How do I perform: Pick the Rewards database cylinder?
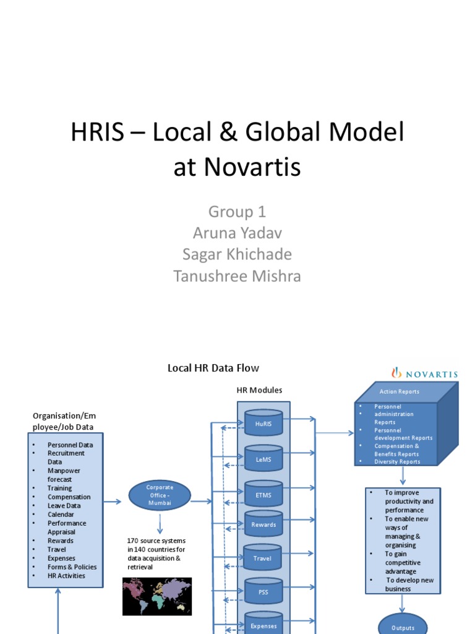pyautogui.click(x=263, y=524)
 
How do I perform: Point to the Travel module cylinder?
pyautogui.click(x=263, y=558)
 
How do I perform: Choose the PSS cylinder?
pyautogui.click(x=263, y=591)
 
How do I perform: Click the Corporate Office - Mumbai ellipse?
pyautogui.click(x=160, y=496)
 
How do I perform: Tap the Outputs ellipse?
pyautogui.click(x=403, y=627)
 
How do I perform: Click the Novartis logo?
pyautogui.click(x=424, y=373)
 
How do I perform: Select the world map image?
pyautogui.click(x=157, y=596)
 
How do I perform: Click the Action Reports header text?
pyautogui.click(x=399, y=391)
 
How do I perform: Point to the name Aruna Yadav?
pyautogui.click(x=237, y=233)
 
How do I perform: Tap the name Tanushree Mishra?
pyautogui.click(x=237, y=276)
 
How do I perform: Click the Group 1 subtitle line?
pyautogui.click(x=237, y=212)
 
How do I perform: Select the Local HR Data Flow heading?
pyautogui.click(x=213, y=368)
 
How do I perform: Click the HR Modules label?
pyautogui.click(x=259, y=390)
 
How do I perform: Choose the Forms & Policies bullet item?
pyautogui.click(x=72, y=567)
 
